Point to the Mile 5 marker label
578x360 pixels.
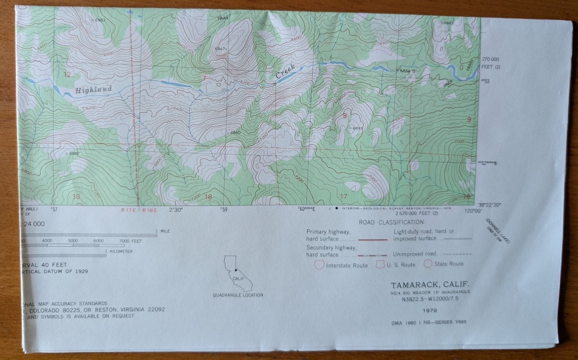(x=407, y=71)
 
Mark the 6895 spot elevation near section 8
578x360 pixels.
(x=356, y=128)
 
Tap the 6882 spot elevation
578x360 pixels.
(x=73, y=153)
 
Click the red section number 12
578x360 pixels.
(x=67, y=75)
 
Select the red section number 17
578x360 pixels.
(x=344, y=196)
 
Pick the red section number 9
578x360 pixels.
(x=469, y=120)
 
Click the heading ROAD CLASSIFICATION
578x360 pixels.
(x=391, y=222)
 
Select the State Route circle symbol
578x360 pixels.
(x=428, y=263)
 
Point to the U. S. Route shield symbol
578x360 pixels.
(x=380, y=264)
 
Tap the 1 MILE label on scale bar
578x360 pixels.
(x=163, y=231)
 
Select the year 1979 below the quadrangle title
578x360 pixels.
(x=429, y=310)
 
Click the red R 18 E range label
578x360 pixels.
(x=150, y=210)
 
